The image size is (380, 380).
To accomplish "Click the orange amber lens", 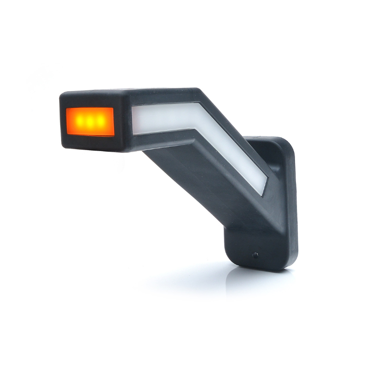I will click(x=90, y=122).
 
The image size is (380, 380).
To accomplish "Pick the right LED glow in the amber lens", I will click(x=99, y=121).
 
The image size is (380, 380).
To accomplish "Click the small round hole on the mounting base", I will click(x=256, y=255).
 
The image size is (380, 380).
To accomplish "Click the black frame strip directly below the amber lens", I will click(x=90, y=140).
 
